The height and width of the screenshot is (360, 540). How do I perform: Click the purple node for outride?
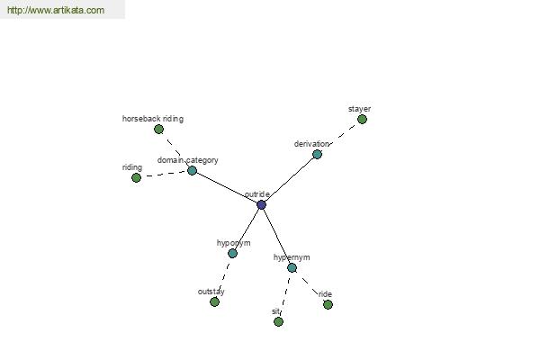(x=261, y=204)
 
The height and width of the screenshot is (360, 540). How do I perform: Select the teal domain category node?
(x=192, y=170)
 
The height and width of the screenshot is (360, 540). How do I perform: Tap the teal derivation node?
(x=317, y=154)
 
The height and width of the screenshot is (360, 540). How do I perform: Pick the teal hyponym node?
(x=232, y=254)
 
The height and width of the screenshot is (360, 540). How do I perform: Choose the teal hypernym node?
(x=292, y=267)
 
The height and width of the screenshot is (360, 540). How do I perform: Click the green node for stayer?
(x=362, y=120)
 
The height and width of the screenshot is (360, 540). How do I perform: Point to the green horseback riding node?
(x=158, y=130)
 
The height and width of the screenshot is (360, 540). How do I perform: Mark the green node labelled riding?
(x=137, y=178)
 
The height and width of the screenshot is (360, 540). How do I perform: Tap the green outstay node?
(x=214, y=302)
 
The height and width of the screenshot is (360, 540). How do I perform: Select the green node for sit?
(x=279, y=322)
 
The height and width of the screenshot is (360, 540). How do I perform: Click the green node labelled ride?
(x=328, y=304)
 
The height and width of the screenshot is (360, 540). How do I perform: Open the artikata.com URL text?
(x=56, y=10)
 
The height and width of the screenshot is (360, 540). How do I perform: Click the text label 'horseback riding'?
(x=153, y=119)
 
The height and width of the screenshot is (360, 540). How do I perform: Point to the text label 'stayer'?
(x=359, y=109)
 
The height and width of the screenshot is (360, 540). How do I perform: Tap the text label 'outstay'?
(x=211, y=292)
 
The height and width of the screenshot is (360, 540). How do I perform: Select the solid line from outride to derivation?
(x=289, y=179)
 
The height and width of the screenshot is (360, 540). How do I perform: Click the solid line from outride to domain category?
(x=227, y=188)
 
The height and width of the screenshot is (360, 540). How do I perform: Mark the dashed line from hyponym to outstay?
(x=224, y=277)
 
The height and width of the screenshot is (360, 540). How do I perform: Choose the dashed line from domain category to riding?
(x=165, y=175)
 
